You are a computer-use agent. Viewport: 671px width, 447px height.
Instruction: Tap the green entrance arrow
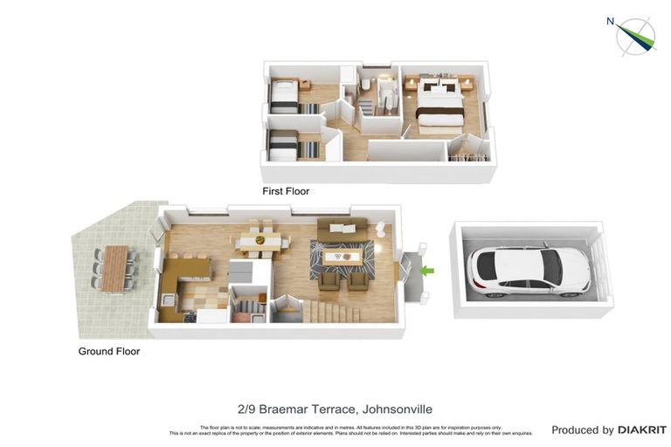point(426,271)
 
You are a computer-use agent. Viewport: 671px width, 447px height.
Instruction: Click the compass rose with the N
point(635,35)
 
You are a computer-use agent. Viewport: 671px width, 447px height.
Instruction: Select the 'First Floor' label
point(286,191)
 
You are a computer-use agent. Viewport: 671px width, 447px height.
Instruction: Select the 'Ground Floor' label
point(108,352)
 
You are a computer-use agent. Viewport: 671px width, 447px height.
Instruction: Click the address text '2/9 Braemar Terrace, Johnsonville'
point(335,409)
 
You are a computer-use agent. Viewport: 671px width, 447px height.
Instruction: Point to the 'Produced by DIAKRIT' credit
point(609,430)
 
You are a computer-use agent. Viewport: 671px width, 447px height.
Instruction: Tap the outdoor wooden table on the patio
point(114,267)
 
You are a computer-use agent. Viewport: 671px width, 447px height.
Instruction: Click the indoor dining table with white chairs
point(257,237)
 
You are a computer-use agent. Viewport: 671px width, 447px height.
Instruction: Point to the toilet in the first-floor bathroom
point(366,85)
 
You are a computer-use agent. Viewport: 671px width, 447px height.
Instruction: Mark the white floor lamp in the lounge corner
point(381,228)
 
